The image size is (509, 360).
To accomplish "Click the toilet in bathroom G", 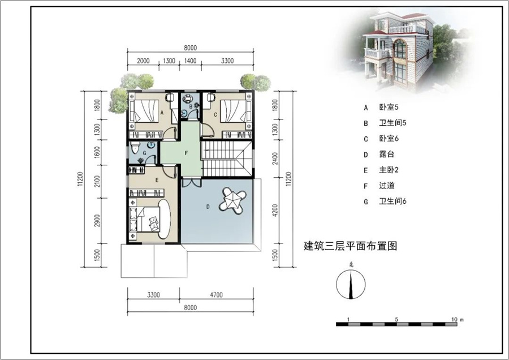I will [x=135, y=149].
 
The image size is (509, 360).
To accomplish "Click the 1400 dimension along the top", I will [x=190, y=61].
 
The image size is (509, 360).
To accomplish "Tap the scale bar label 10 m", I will [x=457, y=320].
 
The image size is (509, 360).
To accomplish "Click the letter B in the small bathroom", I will [x=191, y=106].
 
